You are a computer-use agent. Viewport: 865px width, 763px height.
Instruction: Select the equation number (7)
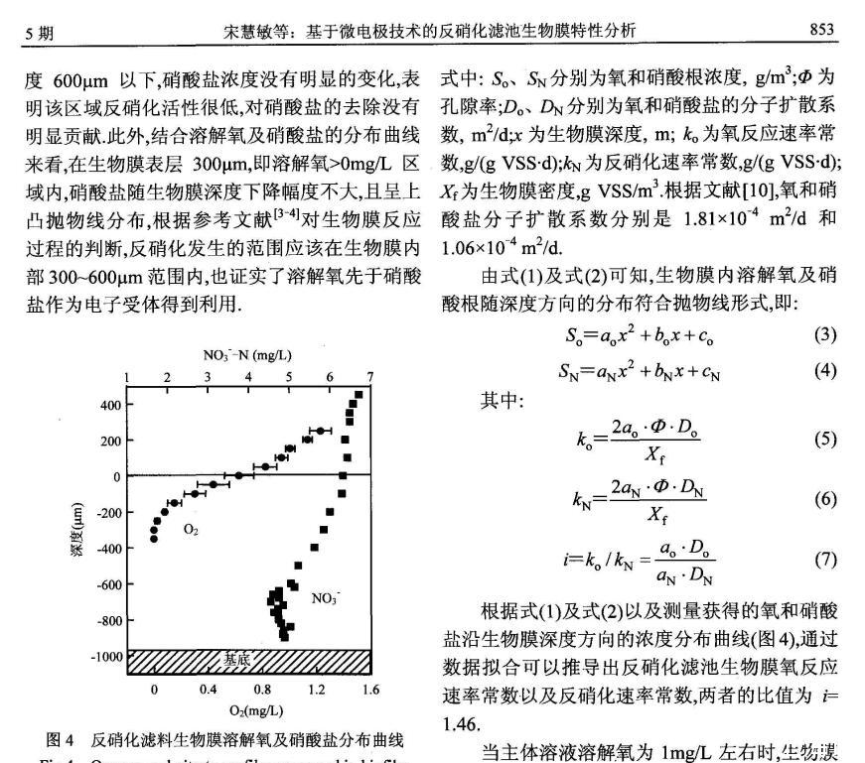(825, 559)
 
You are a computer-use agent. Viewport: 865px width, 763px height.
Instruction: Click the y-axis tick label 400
(109, 405)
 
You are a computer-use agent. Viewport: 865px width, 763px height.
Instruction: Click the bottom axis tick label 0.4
(209, 689)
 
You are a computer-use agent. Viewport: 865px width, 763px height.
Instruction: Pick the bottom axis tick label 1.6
(370, 689)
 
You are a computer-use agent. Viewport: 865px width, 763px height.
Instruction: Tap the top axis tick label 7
(369, 377)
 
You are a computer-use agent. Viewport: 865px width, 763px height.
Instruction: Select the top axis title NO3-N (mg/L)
(247, 354)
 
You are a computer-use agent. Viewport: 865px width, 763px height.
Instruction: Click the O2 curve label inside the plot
(190, 531)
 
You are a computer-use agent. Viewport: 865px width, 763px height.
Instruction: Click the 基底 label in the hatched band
(236, 659)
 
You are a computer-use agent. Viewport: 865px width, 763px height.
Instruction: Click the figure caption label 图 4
(61, 739)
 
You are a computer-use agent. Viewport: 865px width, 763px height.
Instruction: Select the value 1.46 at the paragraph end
(456, 724)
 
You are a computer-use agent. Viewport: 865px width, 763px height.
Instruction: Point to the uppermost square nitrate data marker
(359, 395)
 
